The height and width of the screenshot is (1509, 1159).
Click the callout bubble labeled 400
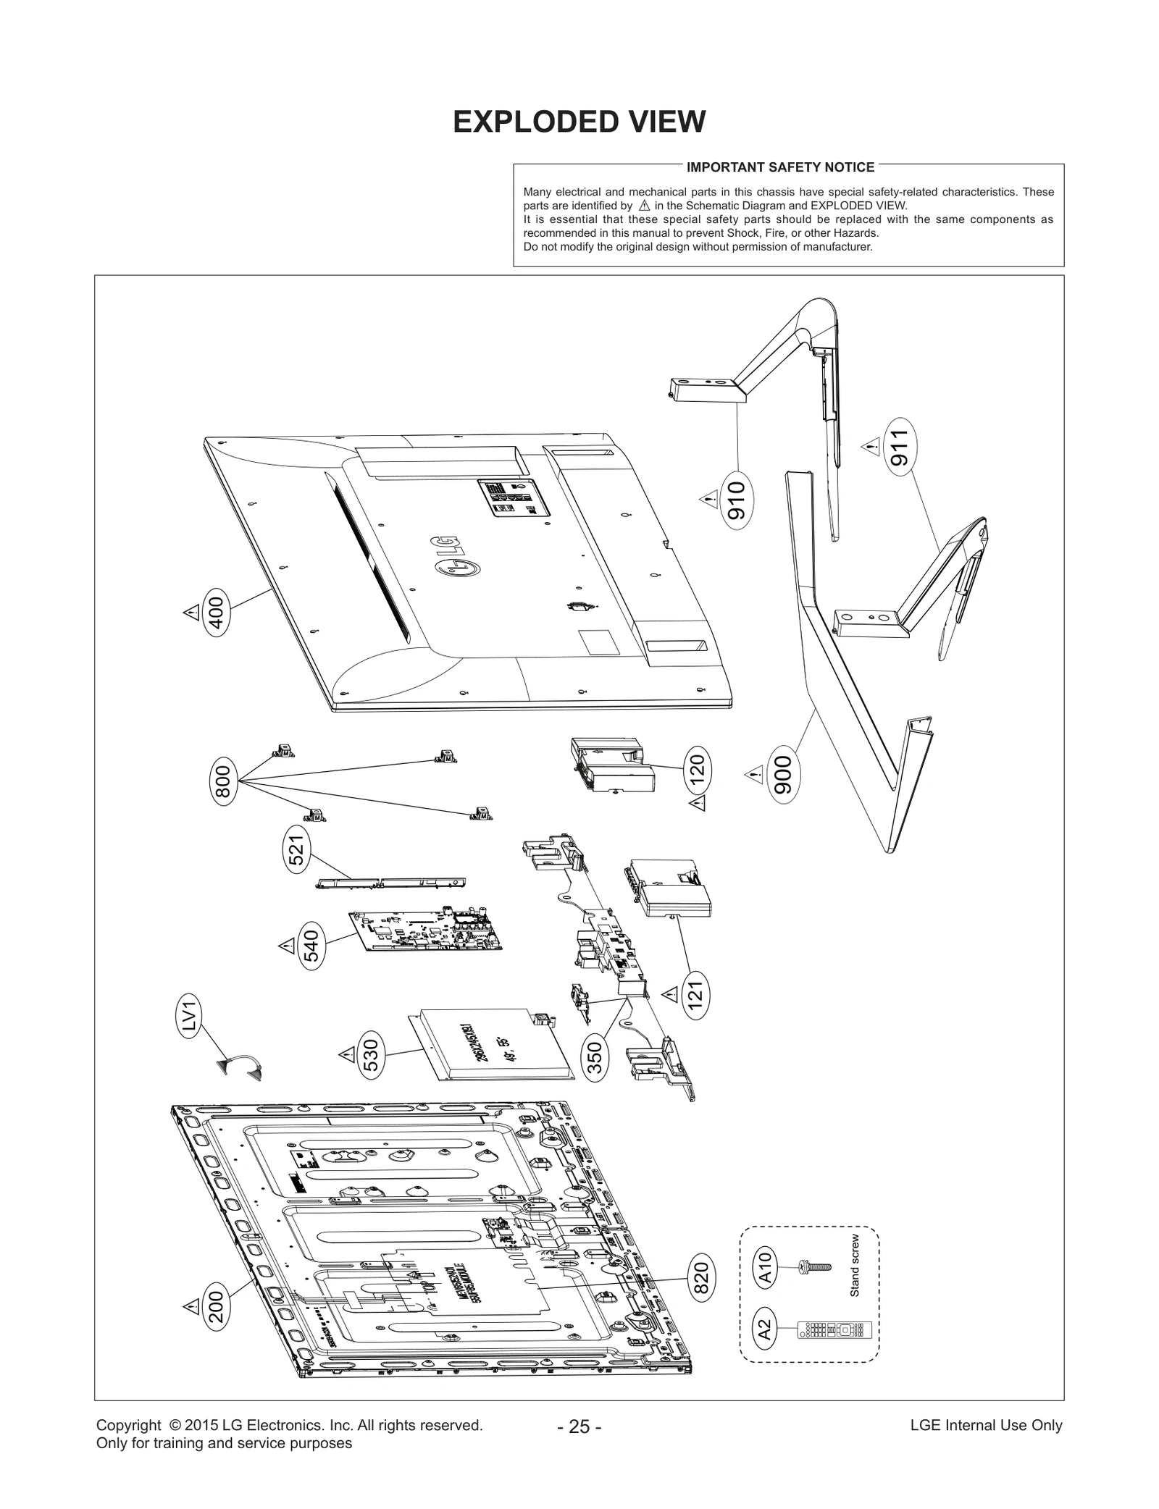217,612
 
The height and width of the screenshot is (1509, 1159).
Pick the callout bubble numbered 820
701,1277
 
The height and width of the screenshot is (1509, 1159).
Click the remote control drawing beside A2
833,1330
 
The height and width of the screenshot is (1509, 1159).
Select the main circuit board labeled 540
427,931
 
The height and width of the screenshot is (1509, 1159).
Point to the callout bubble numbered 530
371,1058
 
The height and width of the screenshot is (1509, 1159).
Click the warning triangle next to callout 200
191,1306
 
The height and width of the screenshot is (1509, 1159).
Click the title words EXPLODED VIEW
579,122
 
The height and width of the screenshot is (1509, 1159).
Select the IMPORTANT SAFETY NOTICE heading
780,167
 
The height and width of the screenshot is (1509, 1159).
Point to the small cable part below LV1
240,1067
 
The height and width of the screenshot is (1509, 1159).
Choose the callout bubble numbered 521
297,849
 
